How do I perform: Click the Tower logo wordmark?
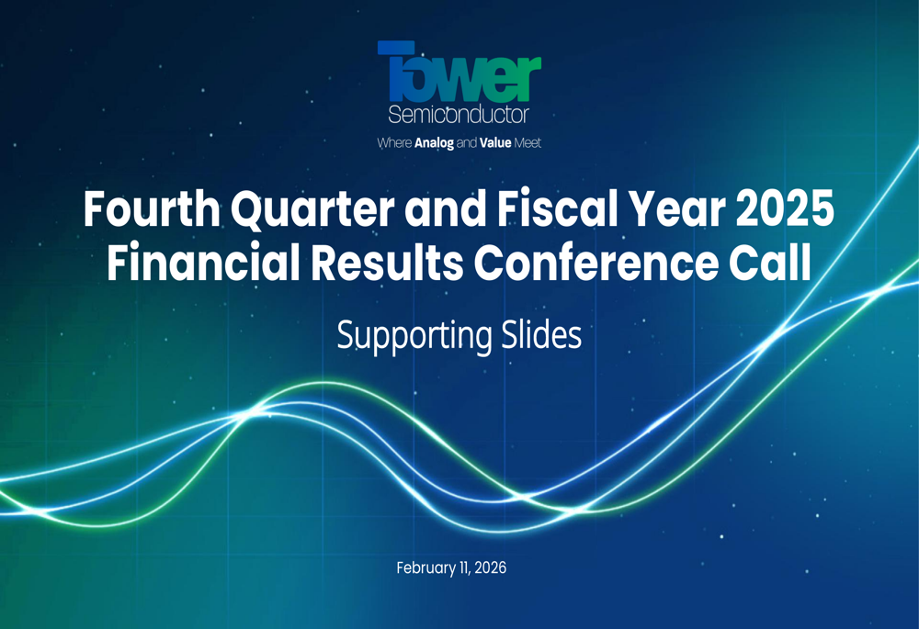pyautogui.click(x=459, y=72)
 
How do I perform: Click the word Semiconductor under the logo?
pyautogui.click(x=459, y=115)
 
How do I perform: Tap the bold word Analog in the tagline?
pyautogui.click(x=434, y=143)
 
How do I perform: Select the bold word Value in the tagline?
pyautogui.click(x=495, y=143)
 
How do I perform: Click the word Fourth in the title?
pyautogui.click(x=152, y=209)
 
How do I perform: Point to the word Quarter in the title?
pyautogui.click(x=312, y=210)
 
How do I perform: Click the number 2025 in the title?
pyautogui.click(x=785, y=209)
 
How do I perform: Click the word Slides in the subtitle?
pyautogui.click(x=541, y=334)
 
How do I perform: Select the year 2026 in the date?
pyautogui.click(x=491, y=567)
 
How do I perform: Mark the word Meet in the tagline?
pyautogui.click(x=528, y=143)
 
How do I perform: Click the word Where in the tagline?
pyautogui.click(x=394, y=143)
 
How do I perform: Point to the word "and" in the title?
pyautogui.click(x=446, y=209)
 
